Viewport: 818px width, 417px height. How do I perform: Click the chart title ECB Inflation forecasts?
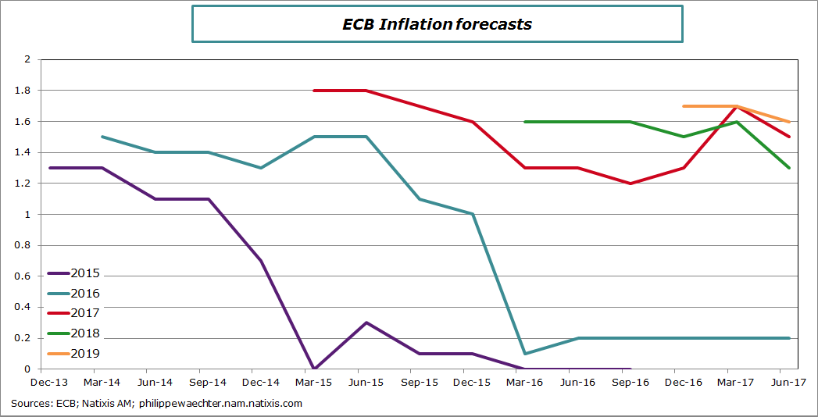[437, 24]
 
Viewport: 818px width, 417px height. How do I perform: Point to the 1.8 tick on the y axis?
[23, 91]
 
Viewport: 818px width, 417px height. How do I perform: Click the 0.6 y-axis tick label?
[23, 276]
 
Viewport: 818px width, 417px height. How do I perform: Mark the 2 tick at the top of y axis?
[27, 59]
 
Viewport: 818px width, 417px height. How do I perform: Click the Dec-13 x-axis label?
[49, 383]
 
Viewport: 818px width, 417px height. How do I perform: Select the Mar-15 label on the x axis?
[314, 383]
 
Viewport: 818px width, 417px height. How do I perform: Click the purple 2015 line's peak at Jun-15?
[366, 323]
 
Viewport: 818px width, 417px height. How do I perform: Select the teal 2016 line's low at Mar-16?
[525, 354]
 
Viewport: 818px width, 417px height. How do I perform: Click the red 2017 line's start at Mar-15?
[314, 91]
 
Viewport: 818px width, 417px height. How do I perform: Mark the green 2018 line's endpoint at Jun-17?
[789, 168]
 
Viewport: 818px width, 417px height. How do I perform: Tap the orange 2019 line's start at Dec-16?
[684, 106]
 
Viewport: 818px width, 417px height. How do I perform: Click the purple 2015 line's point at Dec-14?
[261, 261]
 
